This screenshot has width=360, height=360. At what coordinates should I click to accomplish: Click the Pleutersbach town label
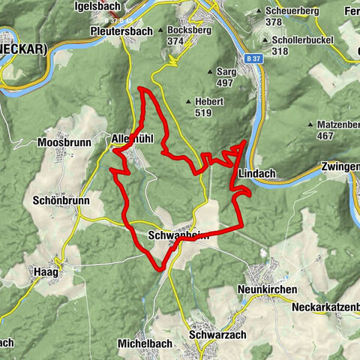(121, 32)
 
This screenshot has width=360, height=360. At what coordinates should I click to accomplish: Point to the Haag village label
(46, 271)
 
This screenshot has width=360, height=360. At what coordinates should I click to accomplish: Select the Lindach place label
(256, 173)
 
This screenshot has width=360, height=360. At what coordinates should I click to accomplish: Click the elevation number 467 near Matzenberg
(325, 136)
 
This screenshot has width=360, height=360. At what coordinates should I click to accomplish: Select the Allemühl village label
(131, 139)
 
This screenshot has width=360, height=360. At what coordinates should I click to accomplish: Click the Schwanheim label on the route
(178, 235)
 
